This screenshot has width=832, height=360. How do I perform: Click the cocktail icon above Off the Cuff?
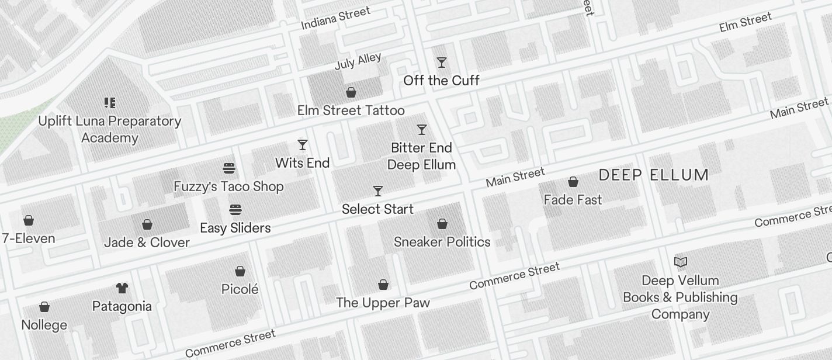tap(442, 63)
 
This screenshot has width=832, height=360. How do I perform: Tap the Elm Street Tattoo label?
tap(351, 110)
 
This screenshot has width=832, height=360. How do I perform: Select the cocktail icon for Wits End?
tap(303, 145)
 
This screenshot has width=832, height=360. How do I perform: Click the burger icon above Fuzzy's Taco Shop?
tap(229, 169)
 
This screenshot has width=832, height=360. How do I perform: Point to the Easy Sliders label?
tap(235, 228)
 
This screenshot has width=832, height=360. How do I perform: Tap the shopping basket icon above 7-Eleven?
tap(28, 220)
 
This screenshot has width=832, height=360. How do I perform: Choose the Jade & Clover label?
tap(147, 243)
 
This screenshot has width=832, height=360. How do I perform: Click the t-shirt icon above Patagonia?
tap(122, 288)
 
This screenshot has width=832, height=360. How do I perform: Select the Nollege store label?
tap(44, 325)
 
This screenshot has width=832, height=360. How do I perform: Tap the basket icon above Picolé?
tap(240, 271)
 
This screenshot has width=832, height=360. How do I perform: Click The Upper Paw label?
tap(383, 303)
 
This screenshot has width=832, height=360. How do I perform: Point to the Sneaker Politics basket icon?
tap(442, 224)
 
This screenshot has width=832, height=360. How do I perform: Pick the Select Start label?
tap(377, 209)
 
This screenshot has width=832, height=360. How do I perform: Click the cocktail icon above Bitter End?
tap(421, 130)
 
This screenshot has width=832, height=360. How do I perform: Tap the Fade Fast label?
tap(573, 200)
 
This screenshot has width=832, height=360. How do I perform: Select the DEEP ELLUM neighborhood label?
tap(654, 175)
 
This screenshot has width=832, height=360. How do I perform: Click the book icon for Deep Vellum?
tap(681, 262)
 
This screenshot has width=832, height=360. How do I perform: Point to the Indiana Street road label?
tap(335, 18)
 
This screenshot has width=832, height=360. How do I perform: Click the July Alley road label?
tap(358, 61)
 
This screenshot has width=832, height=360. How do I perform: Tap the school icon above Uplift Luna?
tap(110, 103)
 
